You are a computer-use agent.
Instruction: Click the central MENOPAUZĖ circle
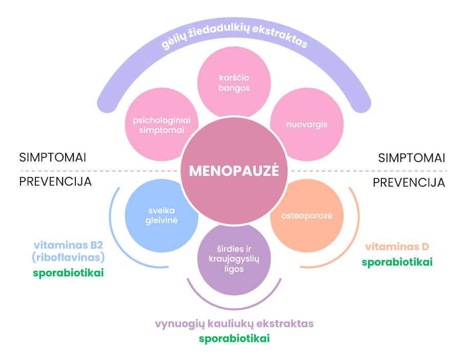pyautogui.click(x=234, y=171)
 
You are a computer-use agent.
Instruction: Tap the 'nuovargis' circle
pyautogui.click(x=307, y=124)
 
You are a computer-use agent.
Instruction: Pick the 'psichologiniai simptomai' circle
pyautogui.click(x=161, y=125)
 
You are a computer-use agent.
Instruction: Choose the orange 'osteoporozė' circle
pyautogui.click(x=307, y=216)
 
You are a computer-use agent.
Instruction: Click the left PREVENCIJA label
pyautogui.click(x=55, y=182)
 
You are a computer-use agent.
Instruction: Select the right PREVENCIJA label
pyautogui.click(x=409, y=182)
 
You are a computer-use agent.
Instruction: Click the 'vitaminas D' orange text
pyautogui.click(x=397, y=247)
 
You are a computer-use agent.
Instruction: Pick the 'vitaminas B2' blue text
pyautogui.click(x=68, y=245)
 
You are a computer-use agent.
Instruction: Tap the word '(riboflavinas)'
pyautogui.click(x=68, y=257)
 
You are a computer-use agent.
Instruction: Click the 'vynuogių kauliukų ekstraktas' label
pyautogui.click(x=234, y=324)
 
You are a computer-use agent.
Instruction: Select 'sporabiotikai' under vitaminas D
pyautogui.click(x=397, y=262)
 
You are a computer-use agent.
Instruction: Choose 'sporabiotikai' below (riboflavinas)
pyautogui.click(x=68, y=273)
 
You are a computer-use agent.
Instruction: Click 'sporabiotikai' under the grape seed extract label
pyautogui.click(x=234, y=338)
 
